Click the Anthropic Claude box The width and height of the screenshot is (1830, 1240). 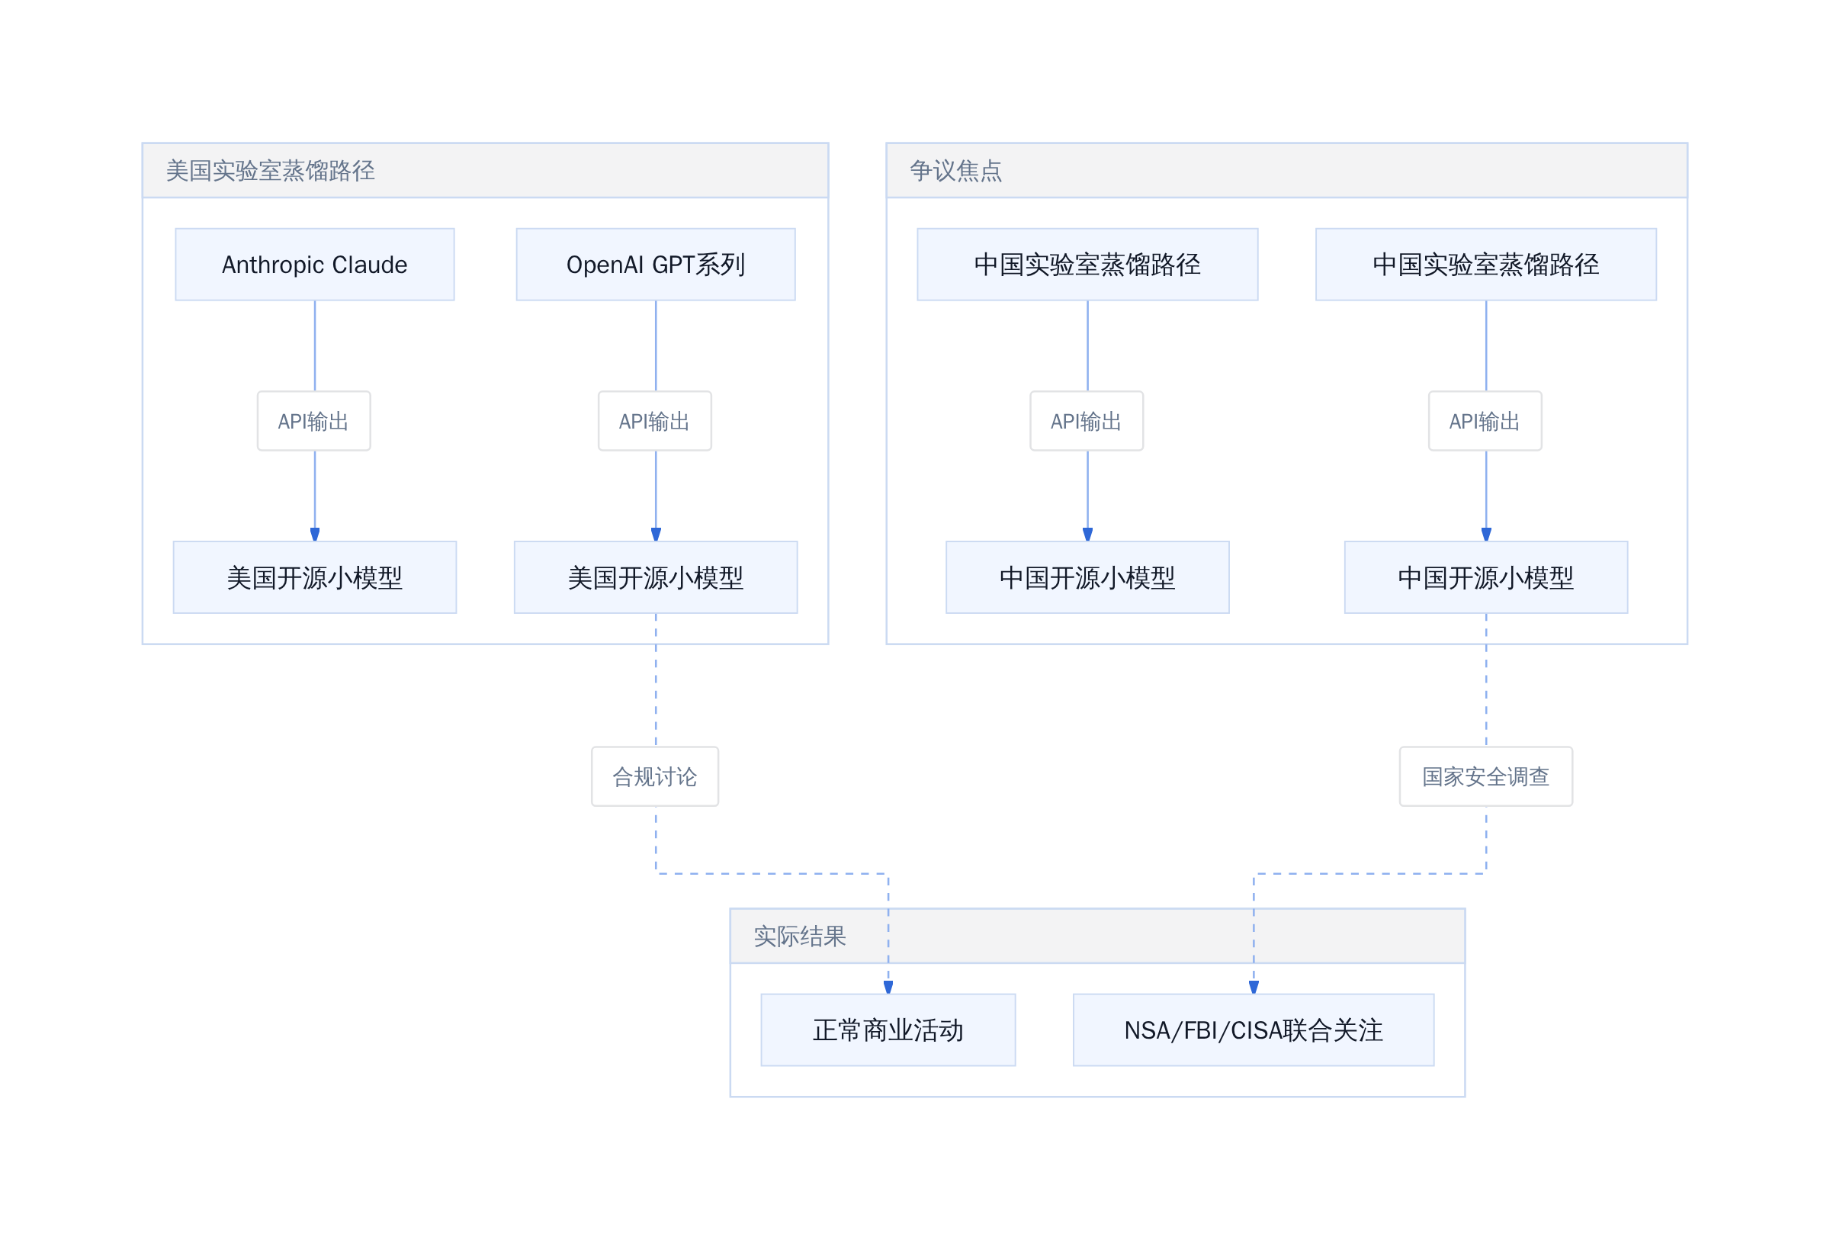[x=314, y=265]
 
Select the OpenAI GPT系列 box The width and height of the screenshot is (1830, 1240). [x=655, y=265]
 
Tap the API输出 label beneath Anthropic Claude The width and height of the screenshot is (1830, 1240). [x=313, y=421]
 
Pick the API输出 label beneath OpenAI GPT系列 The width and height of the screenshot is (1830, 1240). [x=654, y=421]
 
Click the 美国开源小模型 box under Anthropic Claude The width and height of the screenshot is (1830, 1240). [x=314, y=577]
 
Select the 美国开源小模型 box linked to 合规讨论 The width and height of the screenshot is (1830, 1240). [x=655, y=577]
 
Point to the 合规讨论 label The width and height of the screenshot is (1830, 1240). [x=654, y=776]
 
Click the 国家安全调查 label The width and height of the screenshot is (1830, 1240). [x=1485, y=776]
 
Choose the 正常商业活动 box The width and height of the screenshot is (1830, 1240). [x=888, y=1030]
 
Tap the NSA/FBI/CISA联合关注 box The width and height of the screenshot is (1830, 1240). [x=1253, y=1030]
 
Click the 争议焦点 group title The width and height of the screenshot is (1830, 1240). [x=955, y=171]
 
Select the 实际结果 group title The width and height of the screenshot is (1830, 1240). [x=799, y=936]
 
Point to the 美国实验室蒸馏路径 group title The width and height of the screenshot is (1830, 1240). [x=270, y=171]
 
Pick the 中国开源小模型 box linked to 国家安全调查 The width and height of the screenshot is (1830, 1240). [x=1485, y=577]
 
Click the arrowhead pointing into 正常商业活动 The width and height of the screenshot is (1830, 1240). [x=888, y=988]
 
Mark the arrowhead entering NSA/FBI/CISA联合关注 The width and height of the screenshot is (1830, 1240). [x=1254, y=988]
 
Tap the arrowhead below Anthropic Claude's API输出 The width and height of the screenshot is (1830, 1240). [x=314, y=535]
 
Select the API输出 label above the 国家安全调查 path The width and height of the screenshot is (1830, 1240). [x=1485, y=421]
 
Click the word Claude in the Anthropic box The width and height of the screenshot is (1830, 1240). [x=369, y=265]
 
